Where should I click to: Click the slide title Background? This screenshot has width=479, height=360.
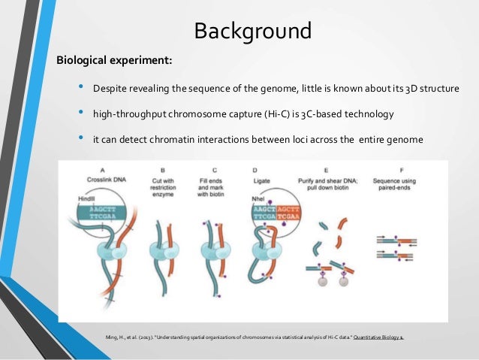point(252,32)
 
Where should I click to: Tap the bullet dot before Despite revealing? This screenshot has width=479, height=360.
point(82,89)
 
